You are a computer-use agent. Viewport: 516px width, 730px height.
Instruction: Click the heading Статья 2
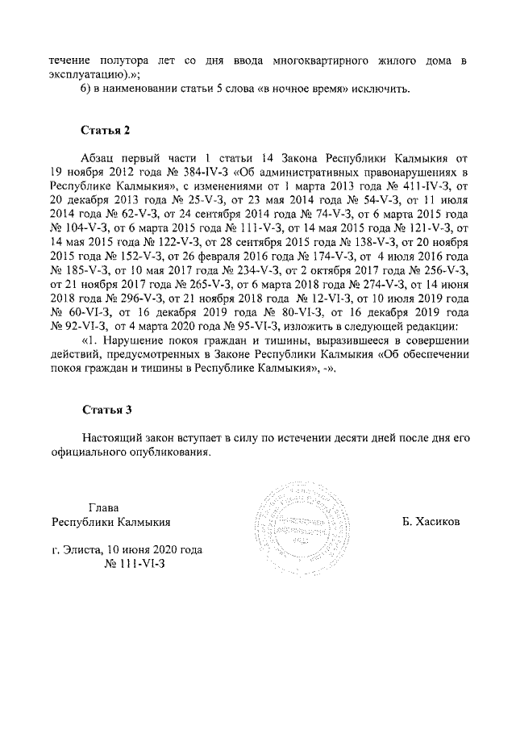[106, 130]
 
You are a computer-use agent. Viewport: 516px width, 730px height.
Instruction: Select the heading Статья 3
[106, 409]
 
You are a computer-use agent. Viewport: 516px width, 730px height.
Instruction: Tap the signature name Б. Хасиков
[431, 522]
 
